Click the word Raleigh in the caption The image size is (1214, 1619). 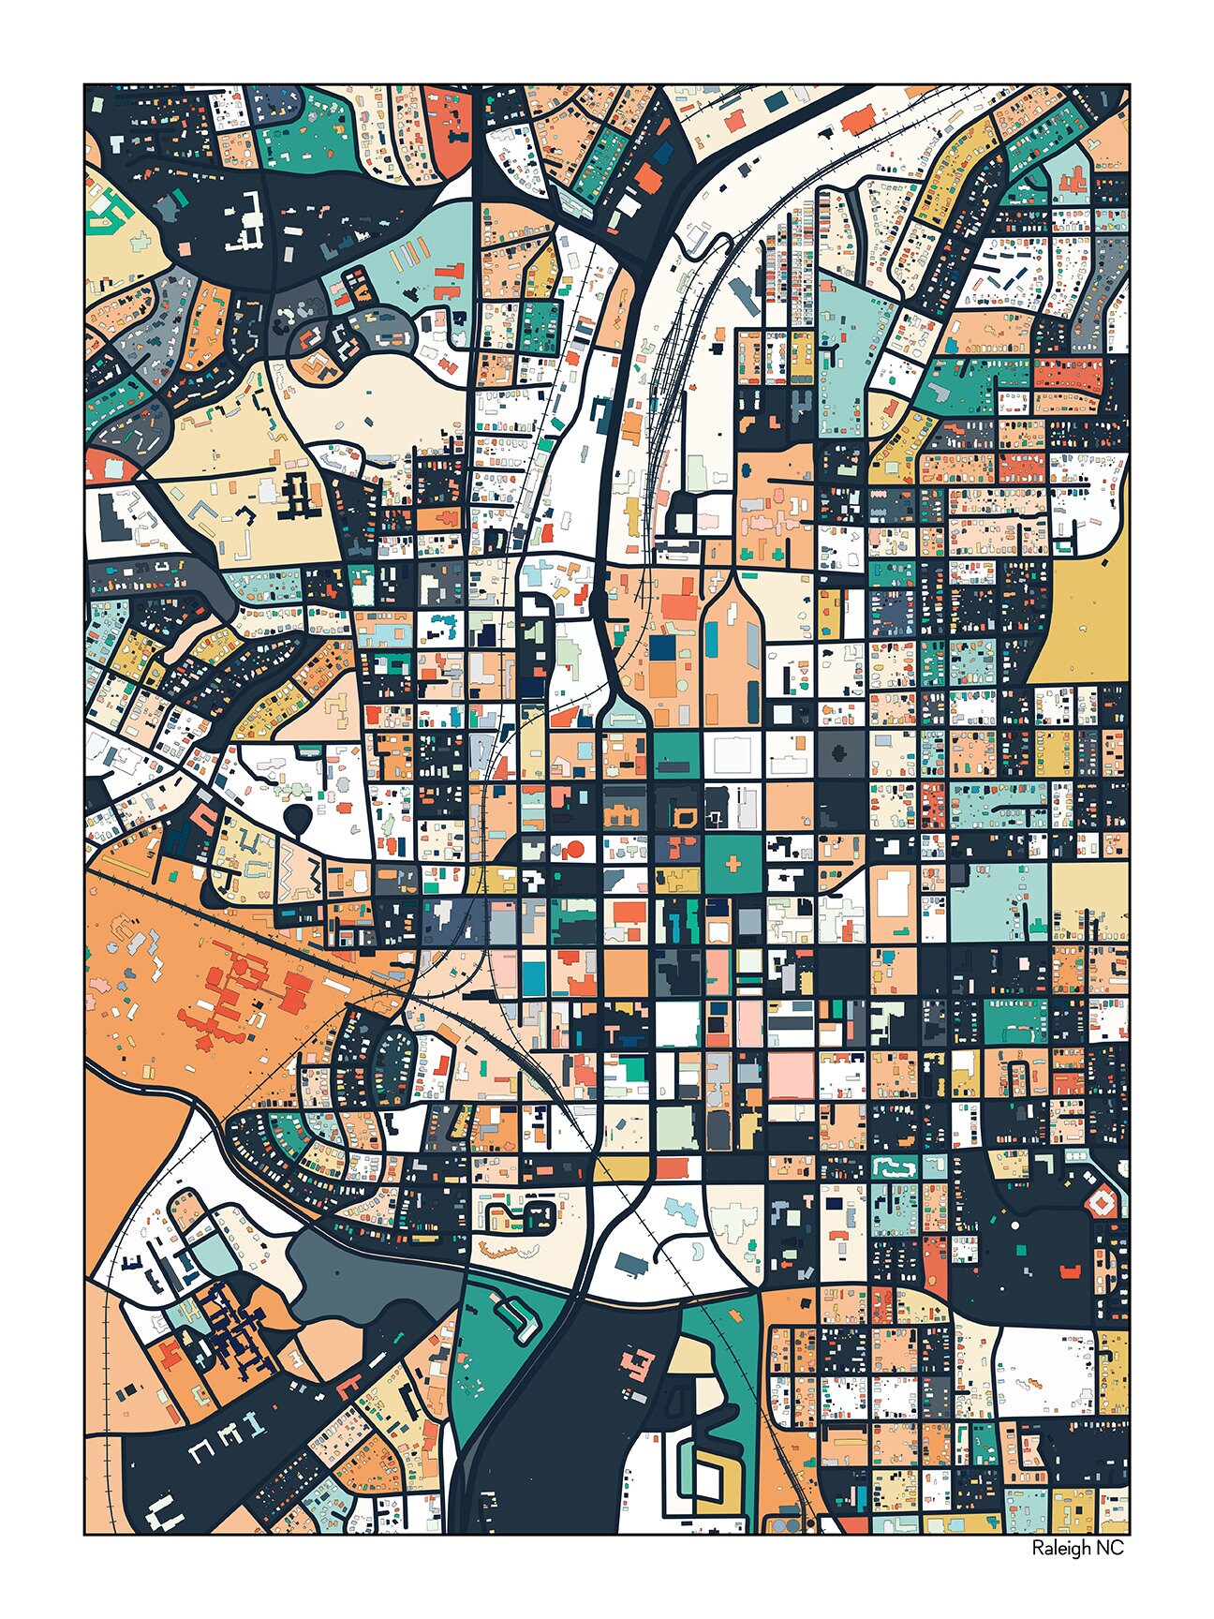click(x=1058, y=1549)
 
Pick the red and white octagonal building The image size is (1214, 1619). click(x=1100, y=1202)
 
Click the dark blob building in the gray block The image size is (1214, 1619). click(x=840, y=751)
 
